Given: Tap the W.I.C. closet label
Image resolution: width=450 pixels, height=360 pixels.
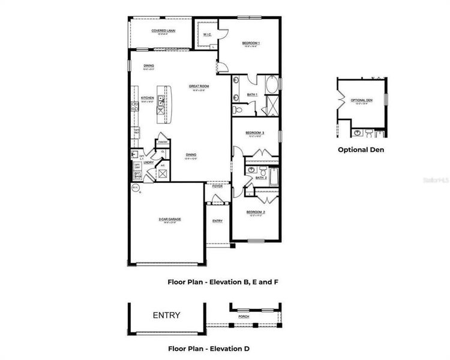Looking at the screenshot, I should coord(206,34).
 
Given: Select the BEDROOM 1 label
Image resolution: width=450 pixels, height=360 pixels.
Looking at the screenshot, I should coord(251,43).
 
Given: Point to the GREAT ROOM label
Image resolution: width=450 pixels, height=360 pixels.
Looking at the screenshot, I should coord(198,86).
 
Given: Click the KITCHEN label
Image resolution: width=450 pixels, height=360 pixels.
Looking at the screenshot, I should coord(147,98).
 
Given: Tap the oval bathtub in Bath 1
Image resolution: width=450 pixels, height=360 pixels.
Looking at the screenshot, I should coord(272,85).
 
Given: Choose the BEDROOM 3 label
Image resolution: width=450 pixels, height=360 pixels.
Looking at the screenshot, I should coord(255,133).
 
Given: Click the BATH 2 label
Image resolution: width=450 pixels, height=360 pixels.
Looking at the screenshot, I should coord(260,178).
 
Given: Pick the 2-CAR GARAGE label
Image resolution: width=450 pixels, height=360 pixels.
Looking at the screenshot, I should coord(170,219).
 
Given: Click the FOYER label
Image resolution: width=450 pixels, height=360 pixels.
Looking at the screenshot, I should coord(217,186).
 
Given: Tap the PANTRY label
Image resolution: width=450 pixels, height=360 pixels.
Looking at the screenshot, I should coord(163,142).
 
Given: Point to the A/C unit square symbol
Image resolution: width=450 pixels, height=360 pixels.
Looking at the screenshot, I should coord(162,174).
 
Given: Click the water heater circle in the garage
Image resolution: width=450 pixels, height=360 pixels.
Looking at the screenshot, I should coord(135,188).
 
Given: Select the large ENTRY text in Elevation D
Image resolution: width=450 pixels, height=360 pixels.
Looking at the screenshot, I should coord(166,316).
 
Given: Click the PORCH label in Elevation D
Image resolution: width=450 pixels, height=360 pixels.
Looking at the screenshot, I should coord(243,316).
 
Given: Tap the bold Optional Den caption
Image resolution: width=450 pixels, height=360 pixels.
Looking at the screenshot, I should coord(361,149).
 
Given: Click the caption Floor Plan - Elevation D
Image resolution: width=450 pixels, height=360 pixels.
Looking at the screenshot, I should coord(209,349).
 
